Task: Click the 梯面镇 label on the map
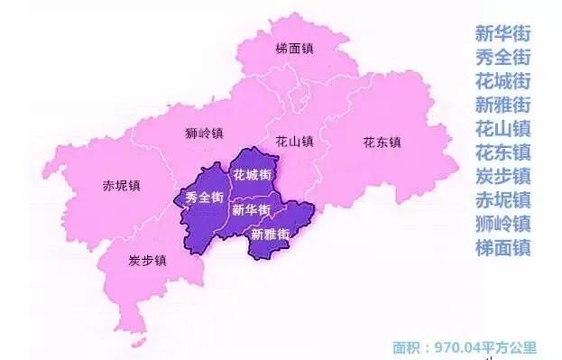295,49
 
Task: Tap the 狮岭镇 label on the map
203,134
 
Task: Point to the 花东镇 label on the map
382,142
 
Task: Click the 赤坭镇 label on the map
122,187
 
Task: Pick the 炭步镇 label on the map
147,261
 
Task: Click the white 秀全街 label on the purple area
204,198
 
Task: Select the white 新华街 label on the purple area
251,210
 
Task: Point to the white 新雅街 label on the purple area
270,235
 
